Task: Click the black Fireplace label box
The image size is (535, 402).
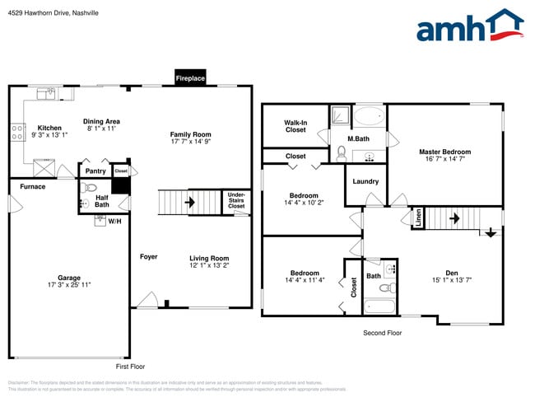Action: point(190,78)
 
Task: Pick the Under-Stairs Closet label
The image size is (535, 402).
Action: point(236,201)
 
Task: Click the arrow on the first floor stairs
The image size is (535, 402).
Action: point(190,201)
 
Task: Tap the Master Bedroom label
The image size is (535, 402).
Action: point(444,152)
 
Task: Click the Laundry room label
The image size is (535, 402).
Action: point(365,181)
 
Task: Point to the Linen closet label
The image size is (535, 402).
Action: point(419,217)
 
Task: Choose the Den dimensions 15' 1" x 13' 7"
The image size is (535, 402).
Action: point(452,280)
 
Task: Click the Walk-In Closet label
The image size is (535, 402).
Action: point(295,126)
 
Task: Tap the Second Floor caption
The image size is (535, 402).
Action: point(382,333)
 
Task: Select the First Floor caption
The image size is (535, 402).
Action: point(130,366)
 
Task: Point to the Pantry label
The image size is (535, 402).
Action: point(95,171)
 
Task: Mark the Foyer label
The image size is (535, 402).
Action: point(148,257)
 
